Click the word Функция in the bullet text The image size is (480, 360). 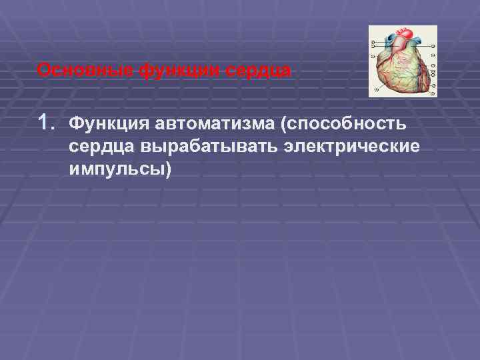tap(109, 124)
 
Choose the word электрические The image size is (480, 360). tap(353, 147)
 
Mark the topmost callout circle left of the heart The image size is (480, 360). tap(372, 41)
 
